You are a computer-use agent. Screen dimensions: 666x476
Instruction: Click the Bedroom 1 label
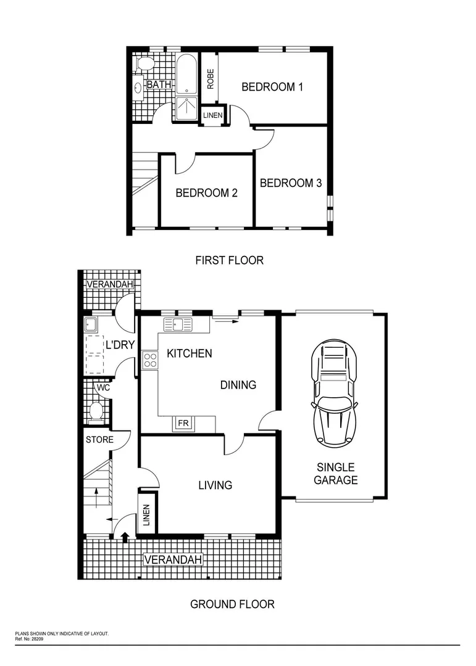272,87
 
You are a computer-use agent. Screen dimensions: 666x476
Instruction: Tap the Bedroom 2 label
206,193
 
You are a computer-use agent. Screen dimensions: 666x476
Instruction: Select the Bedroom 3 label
290,183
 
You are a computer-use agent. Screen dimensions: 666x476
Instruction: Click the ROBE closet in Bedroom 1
211,78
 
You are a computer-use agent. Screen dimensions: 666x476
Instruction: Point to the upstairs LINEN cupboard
213,115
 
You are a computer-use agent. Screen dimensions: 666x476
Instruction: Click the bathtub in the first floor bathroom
186,74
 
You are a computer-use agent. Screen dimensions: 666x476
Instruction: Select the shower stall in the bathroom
186,109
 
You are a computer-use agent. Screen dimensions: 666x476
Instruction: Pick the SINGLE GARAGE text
335,474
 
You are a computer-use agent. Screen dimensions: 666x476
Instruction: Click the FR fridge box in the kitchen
183,424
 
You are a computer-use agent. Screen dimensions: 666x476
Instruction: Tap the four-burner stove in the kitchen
150,360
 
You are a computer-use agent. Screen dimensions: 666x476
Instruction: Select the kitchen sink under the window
177,324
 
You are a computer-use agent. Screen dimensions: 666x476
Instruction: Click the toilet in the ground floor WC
96,410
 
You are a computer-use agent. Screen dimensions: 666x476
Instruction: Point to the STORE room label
99,440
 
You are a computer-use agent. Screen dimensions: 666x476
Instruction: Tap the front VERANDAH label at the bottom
173,560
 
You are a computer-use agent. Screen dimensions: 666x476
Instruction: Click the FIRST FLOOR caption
229,260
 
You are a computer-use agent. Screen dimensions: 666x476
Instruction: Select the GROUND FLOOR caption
232,604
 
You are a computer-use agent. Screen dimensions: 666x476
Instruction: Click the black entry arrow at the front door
126,536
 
